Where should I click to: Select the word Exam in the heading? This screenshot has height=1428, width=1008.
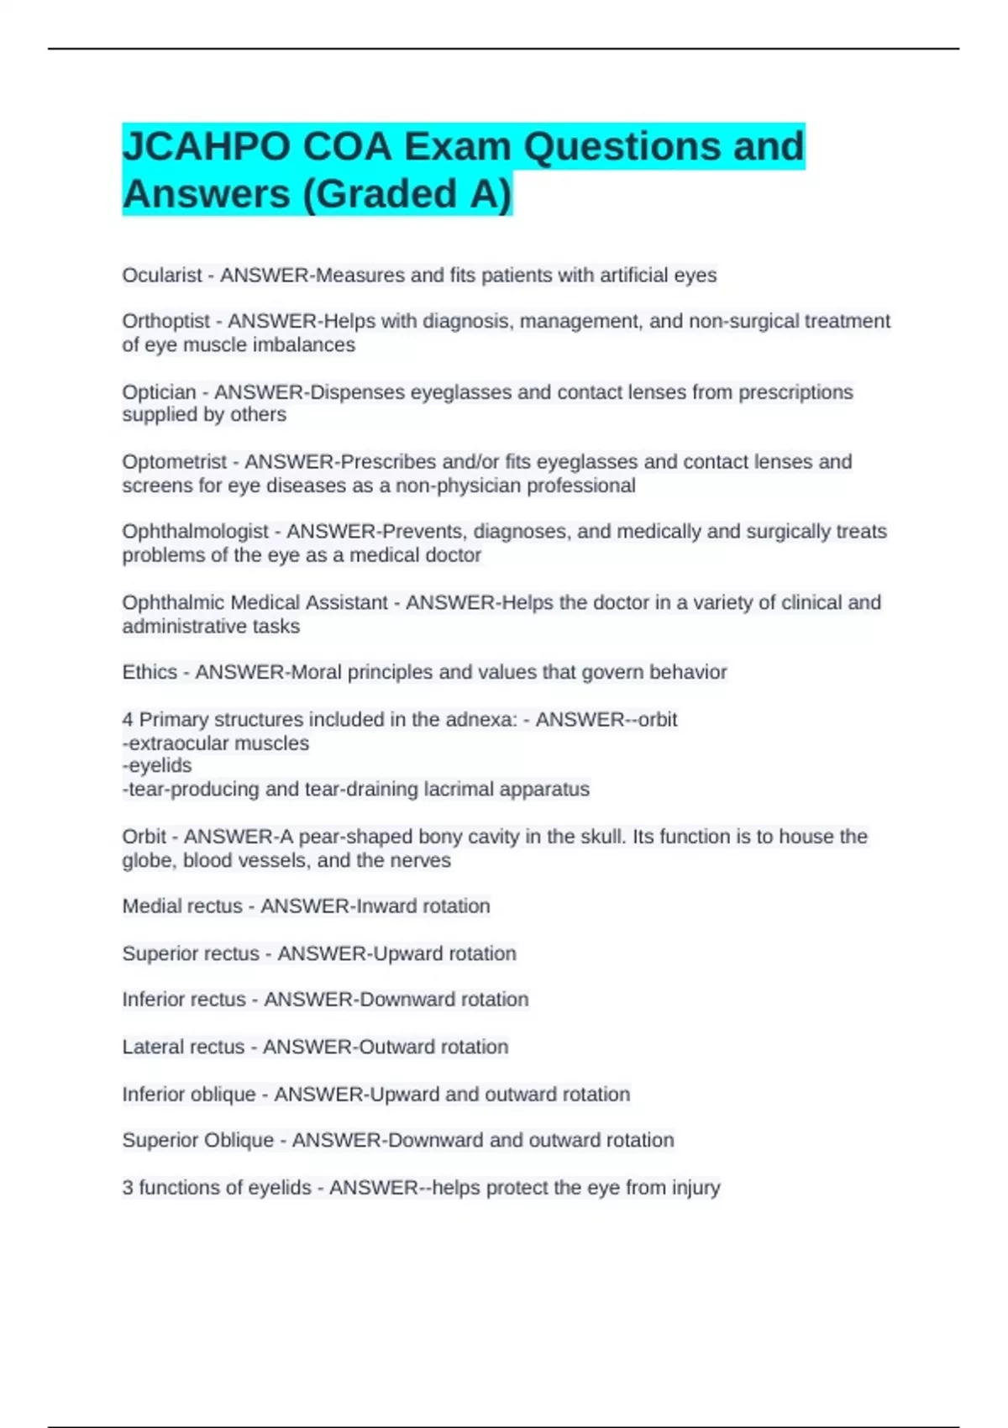pos(457,148)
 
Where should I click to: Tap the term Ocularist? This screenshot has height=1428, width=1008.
pos(162,276)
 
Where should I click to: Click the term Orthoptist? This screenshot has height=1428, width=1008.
pos(165,322)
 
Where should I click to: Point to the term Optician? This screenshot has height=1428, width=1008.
pos(159,392)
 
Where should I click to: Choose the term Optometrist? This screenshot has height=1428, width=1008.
pos(174,462)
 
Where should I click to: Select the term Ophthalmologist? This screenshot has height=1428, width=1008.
pos(195,532)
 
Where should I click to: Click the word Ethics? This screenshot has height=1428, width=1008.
pos(150,672)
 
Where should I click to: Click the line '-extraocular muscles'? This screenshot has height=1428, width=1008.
pos(216,743)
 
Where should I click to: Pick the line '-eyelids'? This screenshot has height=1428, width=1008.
pos(157,766)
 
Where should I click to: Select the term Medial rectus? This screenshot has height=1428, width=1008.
pos(182,906)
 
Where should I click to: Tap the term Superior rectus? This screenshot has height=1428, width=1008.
pos(191,954)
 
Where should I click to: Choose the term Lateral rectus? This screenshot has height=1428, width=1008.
pos(183,1047)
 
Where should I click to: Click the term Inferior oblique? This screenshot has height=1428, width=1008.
pos(189,1095)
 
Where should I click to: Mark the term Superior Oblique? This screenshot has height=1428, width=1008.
pos(198,1141)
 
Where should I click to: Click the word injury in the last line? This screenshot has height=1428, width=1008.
pos(695,1188)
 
